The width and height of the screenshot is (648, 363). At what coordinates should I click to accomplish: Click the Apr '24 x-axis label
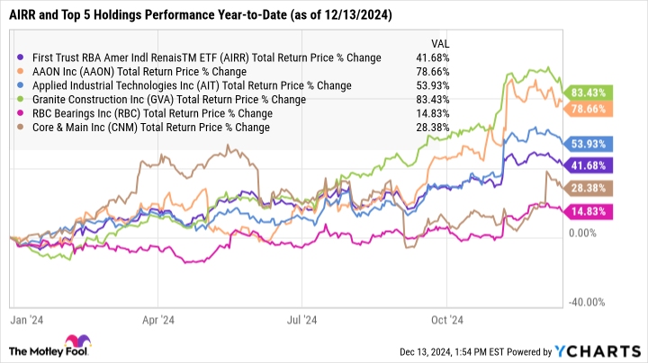157,318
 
